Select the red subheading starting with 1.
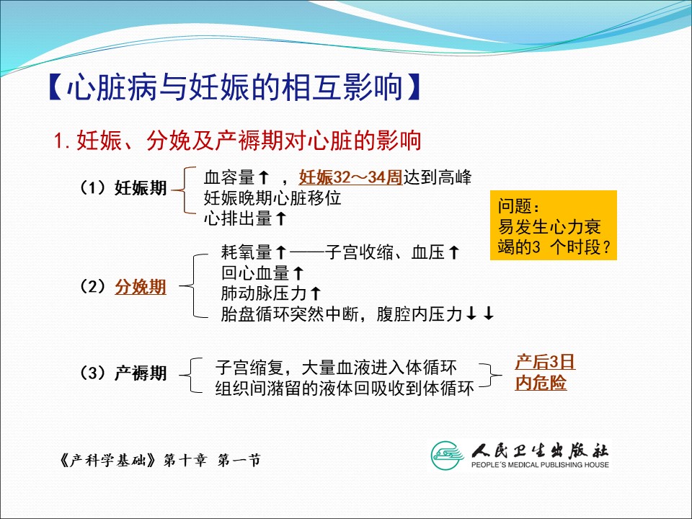pos(237,141)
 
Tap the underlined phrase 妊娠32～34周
pos(350,177)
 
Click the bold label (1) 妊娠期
pos(123,188)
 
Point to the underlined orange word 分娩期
pos(141,287)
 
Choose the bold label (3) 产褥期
pos(123,373)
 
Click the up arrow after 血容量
pos(264,177)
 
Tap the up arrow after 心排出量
pos(280,218)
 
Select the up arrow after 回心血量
pos(298,273)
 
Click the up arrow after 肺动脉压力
pos(315,293)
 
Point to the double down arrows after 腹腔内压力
pos(480,314)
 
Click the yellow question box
pos(554,226)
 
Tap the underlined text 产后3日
pos(545,363)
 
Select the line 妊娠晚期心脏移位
pos(272,198)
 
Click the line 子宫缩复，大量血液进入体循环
pos(336,367)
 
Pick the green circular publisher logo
pos(448,456)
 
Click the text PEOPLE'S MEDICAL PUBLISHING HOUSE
pos(540,465)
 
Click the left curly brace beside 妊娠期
pos(183,190)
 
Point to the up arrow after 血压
pos(453,253)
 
